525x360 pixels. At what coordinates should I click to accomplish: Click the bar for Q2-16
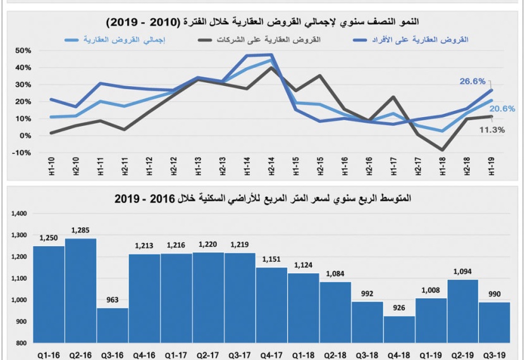81,290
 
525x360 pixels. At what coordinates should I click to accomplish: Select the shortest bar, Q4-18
399,330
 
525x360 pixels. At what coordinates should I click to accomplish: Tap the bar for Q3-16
113,325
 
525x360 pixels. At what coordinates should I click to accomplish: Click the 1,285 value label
81,230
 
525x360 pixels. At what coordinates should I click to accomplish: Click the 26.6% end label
472,81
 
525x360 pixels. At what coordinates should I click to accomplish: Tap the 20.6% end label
502,108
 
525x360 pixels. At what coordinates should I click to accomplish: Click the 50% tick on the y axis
23,51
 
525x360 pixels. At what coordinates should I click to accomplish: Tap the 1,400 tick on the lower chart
19,214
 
